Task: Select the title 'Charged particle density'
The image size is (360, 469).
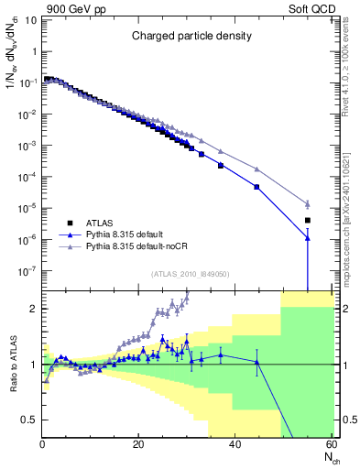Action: coord(191,37)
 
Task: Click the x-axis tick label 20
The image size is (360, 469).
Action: coord(138,446)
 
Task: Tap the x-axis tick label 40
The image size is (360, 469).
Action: coord(235,446)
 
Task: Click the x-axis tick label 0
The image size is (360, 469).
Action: coord(42,446)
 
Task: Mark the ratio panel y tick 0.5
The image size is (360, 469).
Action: coord(31,420)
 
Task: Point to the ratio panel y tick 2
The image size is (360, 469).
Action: coord(35,309)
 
